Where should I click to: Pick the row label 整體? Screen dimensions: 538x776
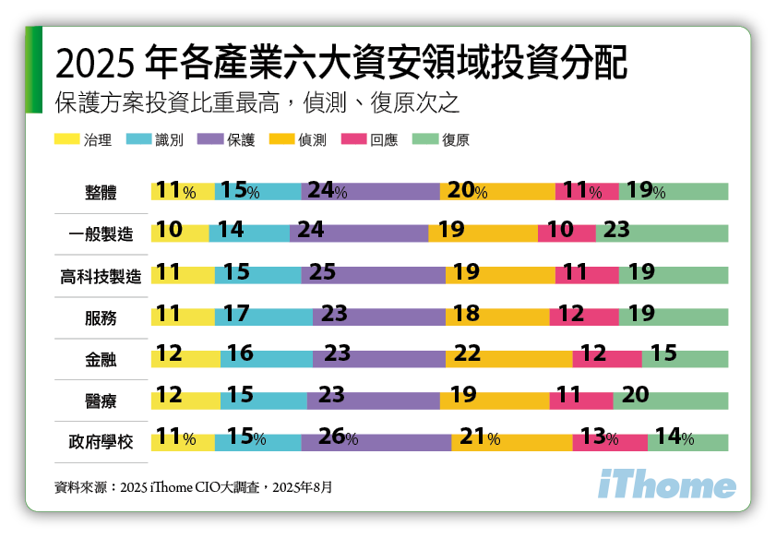tap(101, 192)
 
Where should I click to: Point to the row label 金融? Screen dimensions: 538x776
tap(101, 358)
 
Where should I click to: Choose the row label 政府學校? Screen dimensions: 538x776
tap(101, 441)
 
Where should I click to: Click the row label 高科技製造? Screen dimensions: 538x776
tap(101, 275)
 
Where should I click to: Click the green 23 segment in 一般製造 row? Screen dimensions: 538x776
tap(662, 233)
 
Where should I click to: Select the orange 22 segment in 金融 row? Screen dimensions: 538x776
tap(508, 358)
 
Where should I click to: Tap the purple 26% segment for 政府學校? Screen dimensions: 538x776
tap(376, 441)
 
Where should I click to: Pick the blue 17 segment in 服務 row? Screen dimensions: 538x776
tap(264, 317)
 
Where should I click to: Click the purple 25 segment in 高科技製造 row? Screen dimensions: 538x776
tap(373, 275)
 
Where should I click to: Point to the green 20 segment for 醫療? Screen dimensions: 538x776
tap(670, 400)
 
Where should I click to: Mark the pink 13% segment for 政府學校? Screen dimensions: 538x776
tap(609, 441)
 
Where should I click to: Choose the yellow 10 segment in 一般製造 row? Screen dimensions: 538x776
tap(180, 233)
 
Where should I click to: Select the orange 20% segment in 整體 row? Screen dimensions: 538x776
tap(497, 192)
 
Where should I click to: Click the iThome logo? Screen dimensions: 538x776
tap(667, 485)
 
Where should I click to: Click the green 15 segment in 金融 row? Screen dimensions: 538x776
tap(685, 358)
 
